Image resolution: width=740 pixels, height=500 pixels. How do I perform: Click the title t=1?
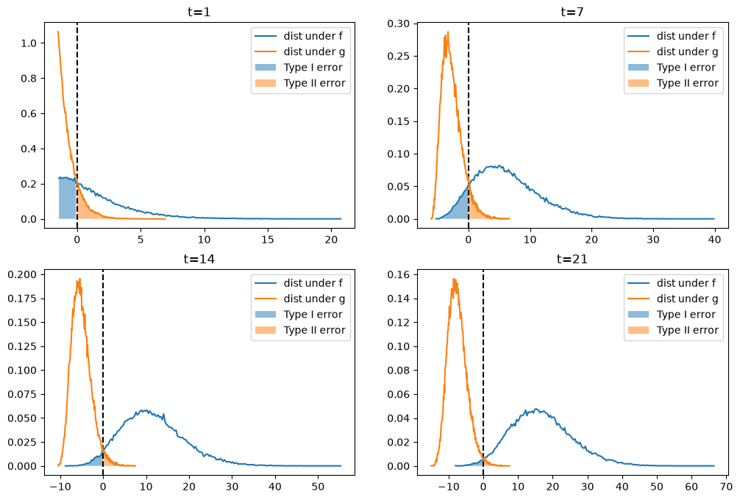click(199, 11)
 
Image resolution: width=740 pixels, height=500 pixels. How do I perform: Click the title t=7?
click(572, 11)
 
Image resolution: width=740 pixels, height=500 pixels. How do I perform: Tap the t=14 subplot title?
click(199, 259)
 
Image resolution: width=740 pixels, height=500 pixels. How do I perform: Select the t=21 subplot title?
click(572, 259)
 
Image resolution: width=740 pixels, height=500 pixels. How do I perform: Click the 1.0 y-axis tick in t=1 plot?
click(29, 43)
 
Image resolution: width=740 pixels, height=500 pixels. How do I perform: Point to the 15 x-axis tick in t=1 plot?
click(268, 239)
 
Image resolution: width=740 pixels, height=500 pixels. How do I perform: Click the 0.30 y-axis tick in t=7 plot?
click(398, 24)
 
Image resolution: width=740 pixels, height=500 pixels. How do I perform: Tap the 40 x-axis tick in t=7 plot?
click(714, 239)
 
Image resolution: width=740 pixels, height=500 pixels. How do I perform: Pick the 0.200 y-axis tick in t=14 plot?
click(22, 274)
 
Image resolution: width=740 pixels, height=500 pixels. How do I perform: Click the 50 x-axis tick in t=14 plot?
click(318, 486)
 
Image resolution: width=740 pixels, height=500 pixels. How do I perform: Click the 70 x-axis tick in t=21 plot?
click(726, 486)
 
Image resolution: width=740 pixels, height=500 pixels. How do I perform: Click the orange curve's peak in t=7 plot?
click(447, 32)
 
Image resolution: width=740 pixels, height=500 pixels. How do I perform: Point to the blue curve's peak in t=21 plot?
click(536, 409)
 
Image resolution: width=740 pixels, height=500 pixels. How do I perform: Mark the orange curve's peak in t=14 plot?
click(79, 279)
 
